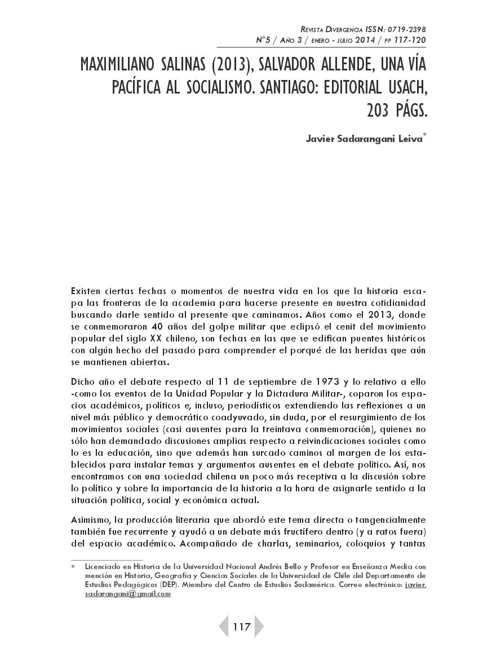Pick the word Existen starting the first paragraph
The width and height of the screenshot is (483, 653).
(x=87, y=290)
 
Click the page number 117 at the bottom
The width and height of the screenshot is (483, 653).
(x=241, y=627)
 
